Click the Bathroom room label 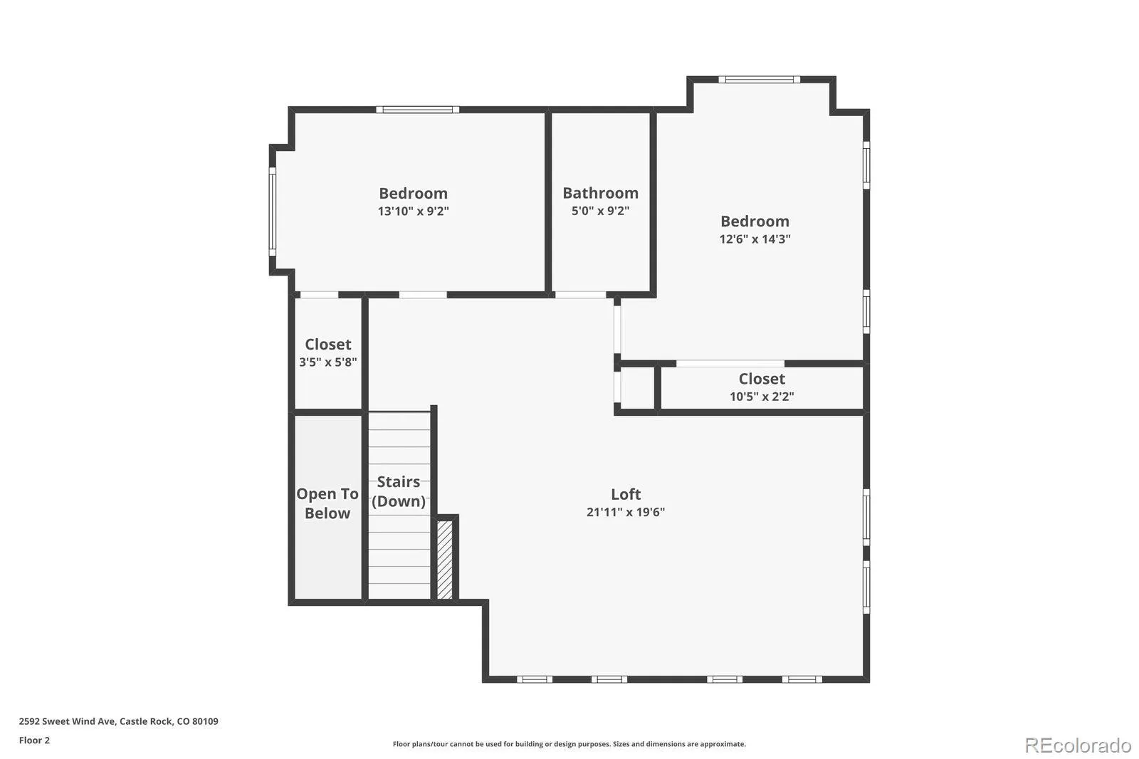[x=600, y=193]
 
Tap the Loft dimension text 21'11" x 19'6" [x=626, y=512]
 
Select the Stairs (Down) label [x=399, y=491]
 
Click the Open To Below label [x=327, y=503]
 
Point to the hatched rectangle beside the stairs [x=445, y=560]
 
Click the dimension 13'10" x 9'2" [x=413, y=211]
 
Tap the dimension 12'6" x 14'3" [x=755, y=239]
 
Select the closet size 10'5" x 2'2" [x=762, y=397]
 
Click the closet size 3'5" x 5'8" [x=327, y=362]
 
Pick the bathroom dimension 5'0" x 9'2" [x=600, y=211]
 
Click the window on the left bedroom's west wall [x=272, y=211]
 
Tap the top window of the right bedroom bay [x=759, y=80]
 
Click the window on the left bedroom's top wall [x=417, y=110]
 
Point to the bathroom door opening [x=580, y=295]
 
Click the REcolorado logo [x=1078, y=745]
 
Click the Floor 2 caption [x=34, y=740]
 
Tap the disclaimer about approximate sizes [x=569, y=744]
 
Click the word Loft [x=626, y=494]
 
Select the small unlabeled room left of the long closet [x=638, y=388]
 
